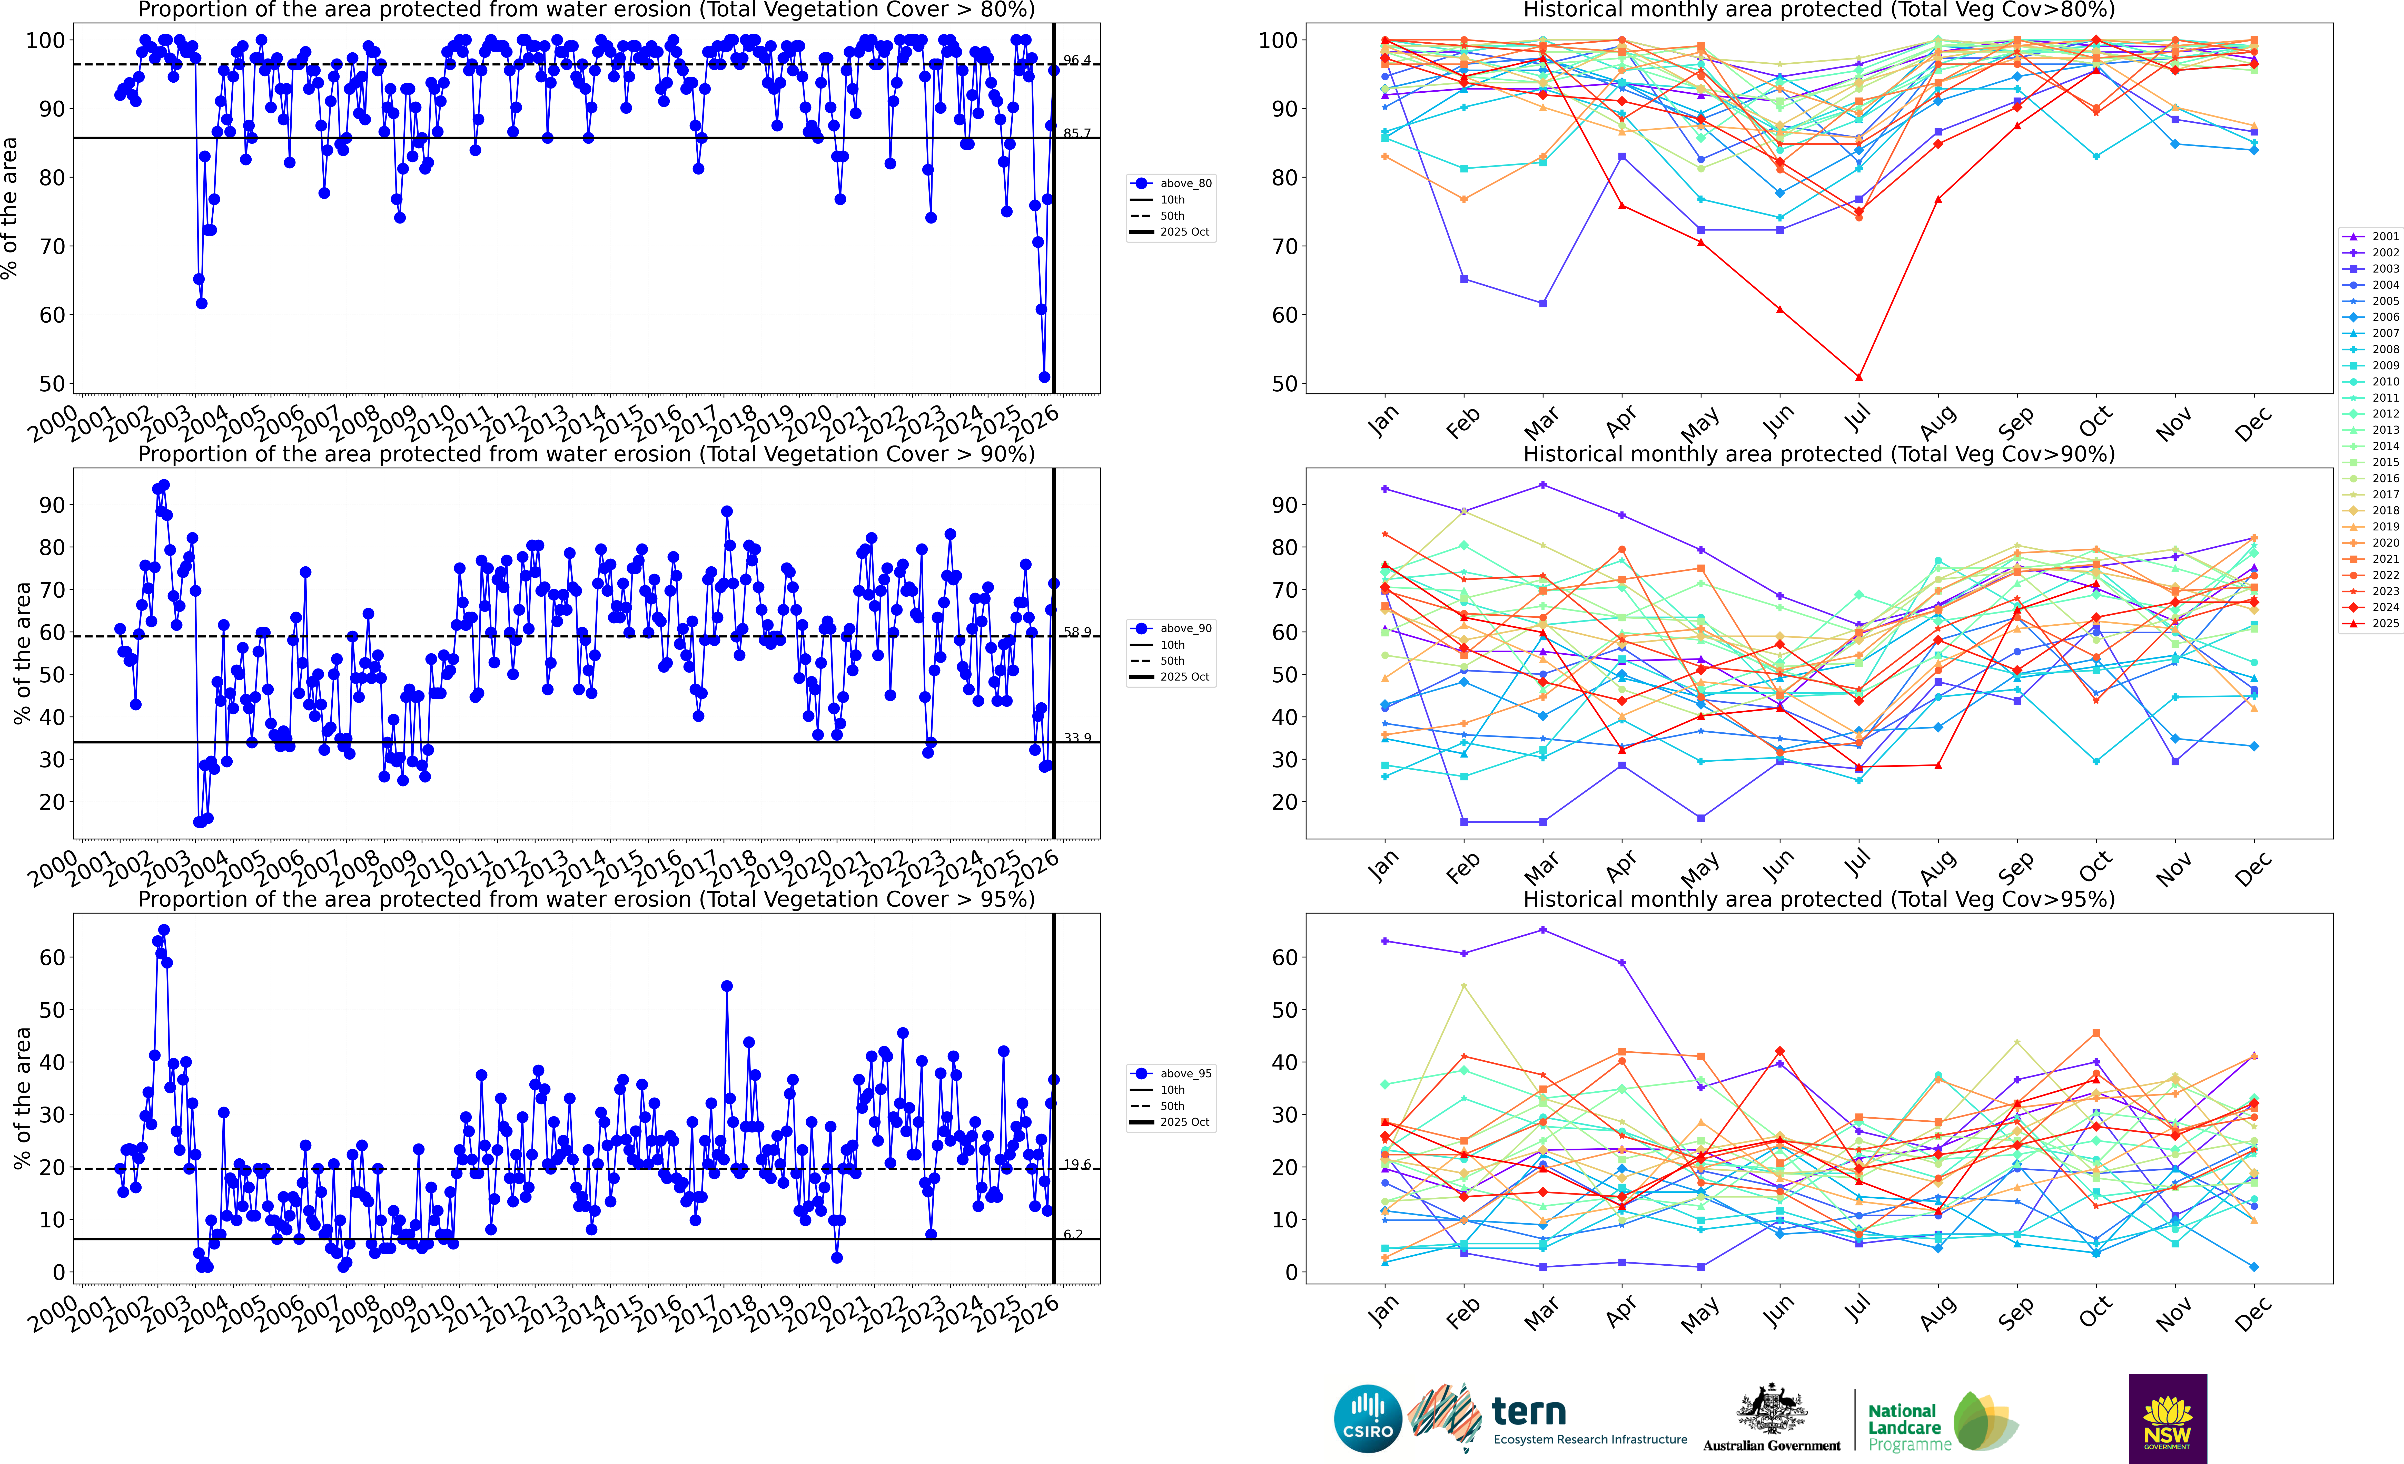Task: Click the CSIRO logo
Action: coord(1368,1418)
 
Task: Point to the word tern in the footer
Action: coord(1529,1411)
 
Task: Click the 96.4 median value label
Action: coord(1077,61)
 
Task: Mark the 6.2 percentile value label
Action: coord(1073,1235)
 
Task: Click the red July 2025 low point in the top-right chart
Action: coord(1859,377)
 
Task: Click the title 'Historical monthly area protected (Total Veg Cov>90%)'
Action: coord(1819,454)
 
